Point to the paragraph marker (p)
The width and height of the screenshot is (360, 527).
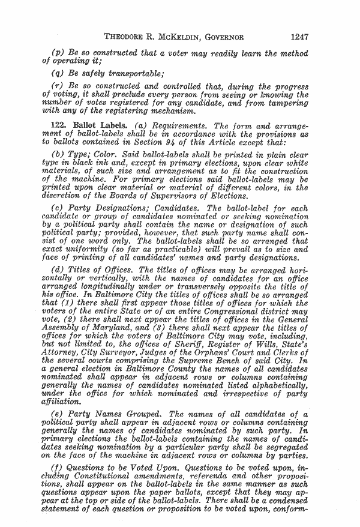click(59, 52)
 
